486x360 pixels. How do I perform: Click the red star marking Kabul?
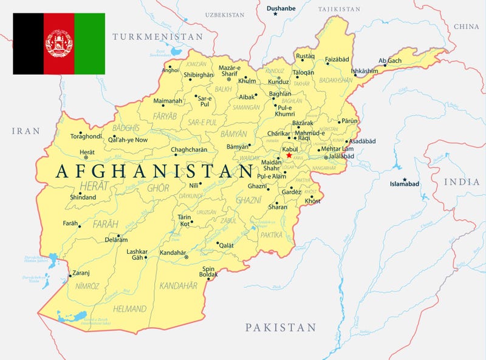289,155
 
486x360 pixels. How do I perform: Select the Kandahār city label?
173,253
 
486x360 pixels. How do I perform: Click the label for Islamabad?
405,183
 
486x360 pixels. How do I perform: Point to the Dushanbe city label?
281,8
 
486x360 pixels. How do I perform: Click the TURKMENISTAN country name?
157,37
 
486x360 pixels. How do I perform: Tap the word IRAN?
25,131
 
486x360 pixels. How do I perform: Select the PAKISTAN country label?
281,328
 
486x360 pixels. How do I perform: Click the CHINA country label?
466,27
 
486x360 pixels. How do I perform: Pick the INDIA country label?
462,182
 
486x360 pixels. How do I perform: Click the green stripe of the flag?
89,44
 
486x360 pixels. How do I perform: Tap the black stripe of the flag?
28,44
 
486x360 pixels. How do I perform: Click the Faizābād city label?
337,60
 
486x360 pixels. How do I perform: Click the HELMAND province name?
130,308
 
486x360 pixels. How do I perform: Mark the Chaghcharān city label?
189,149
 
